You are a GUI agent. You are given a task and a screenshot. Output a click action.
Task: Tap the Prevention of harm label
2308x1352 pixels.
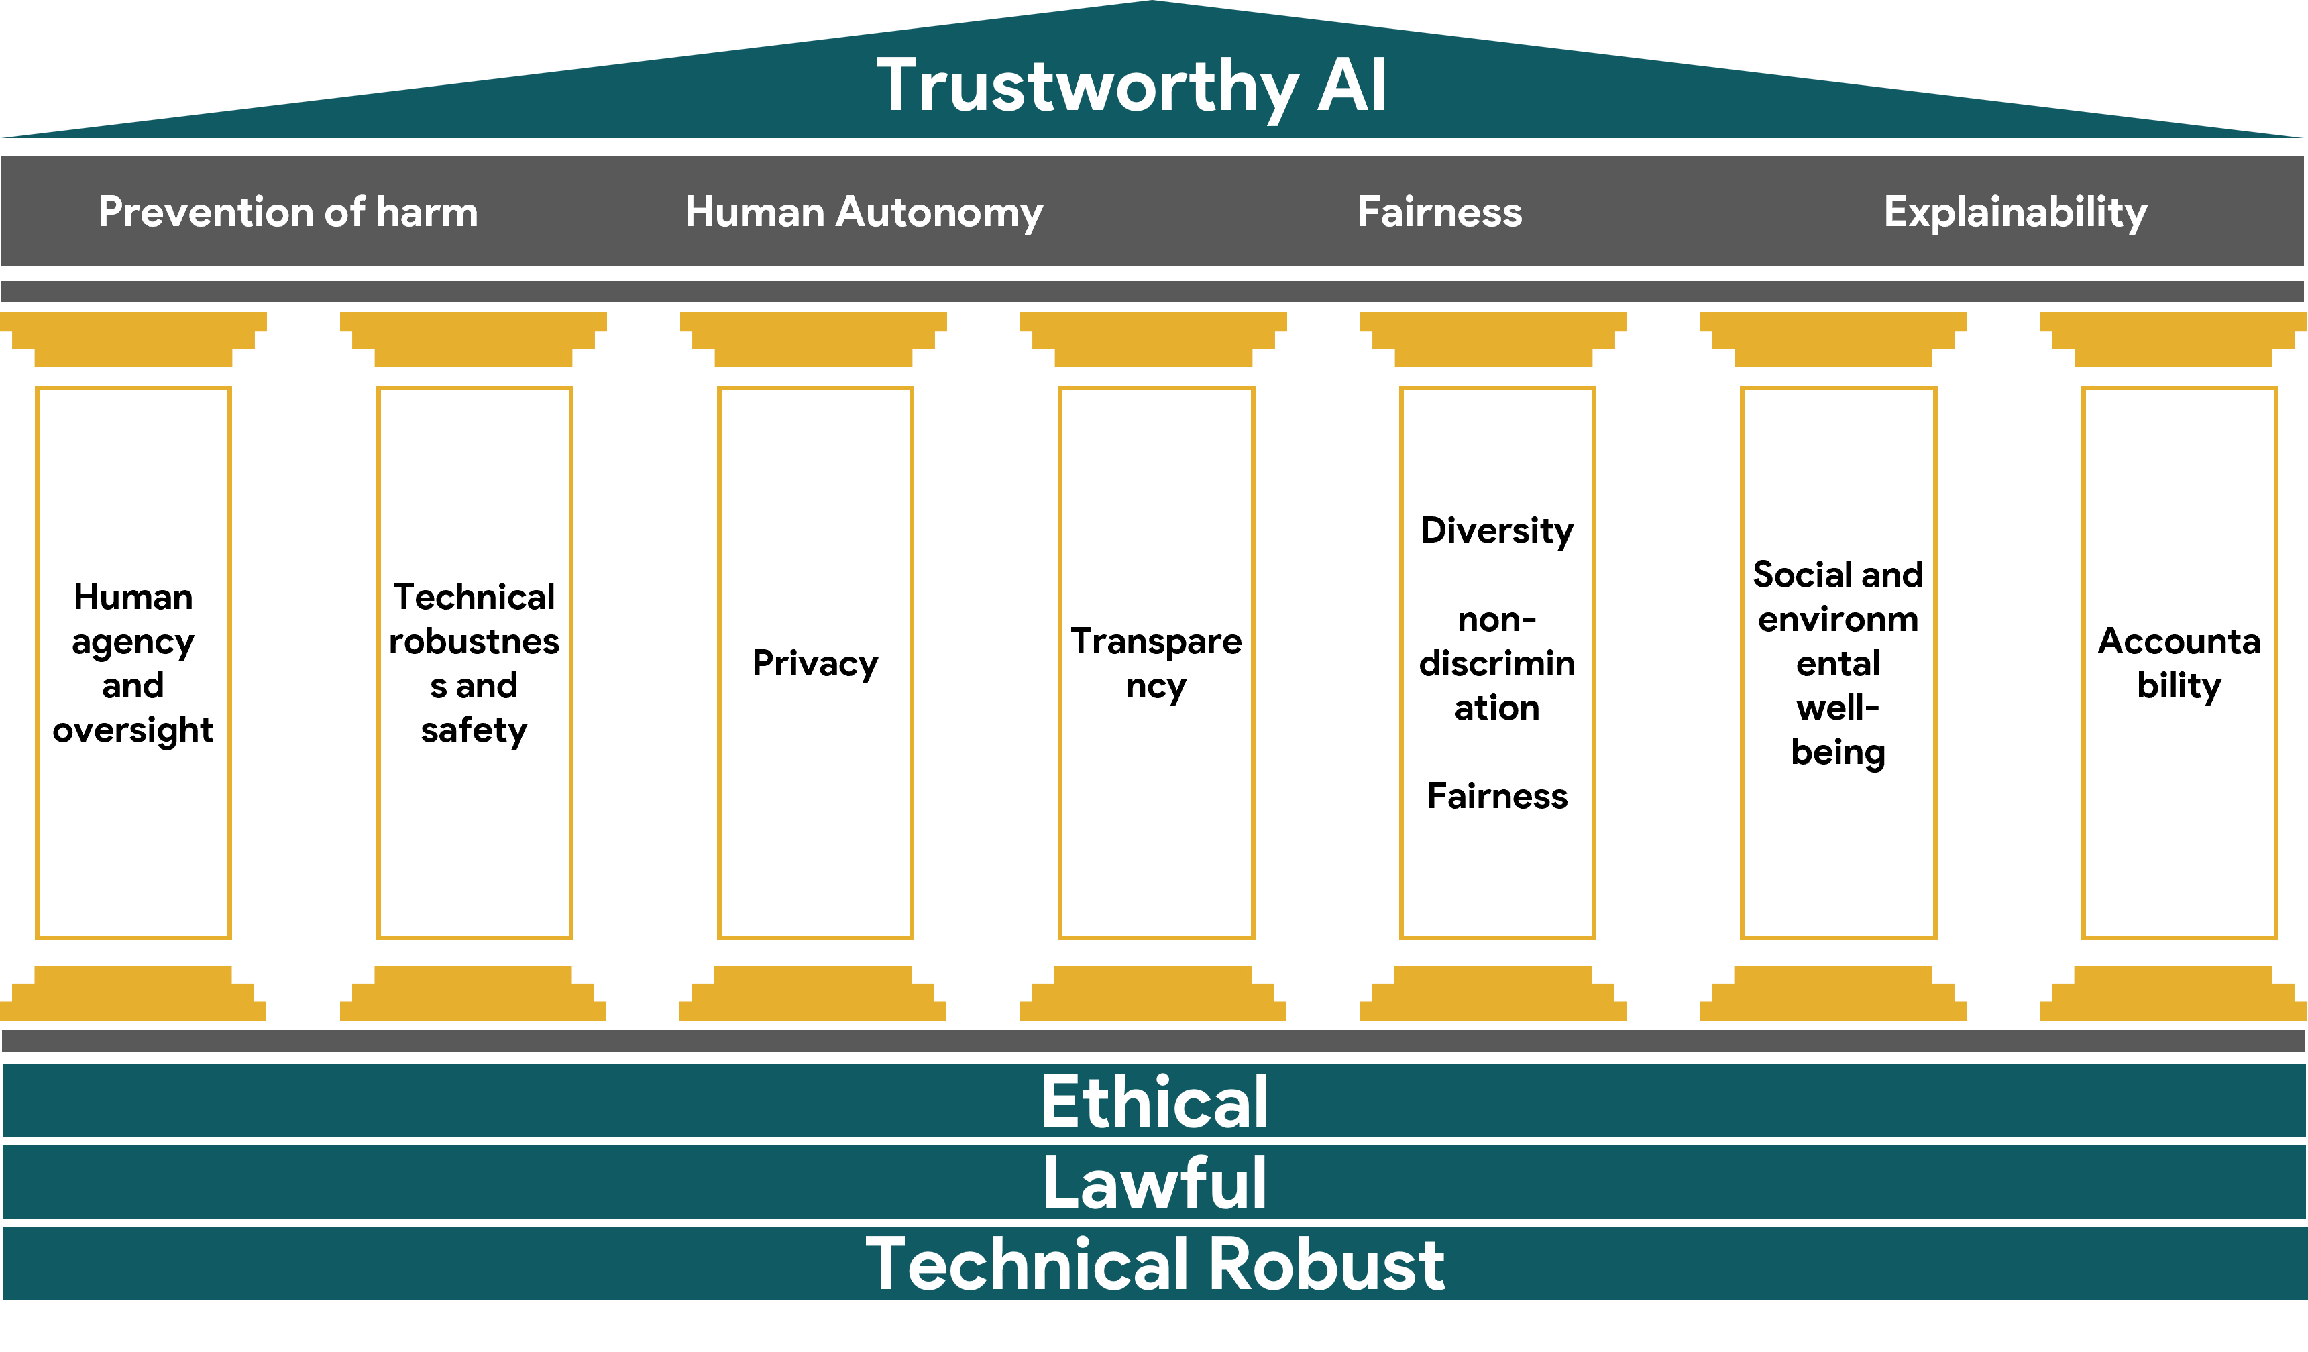[x=288, y=212]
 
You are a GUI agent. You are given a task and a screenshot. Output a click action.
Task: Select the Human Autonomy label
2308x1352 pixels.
[x=864, y=212]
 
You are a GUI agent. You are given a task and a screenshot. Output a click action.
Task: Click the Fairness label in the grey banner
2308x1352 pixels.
[x=1440, y=212]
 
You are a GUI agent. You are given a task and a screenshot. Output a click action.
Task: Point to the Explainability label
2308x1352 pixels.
[x=2015, y=212]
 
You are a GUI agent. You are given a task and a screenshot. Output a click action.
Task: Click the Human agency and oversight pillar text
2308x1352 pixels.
[x=133, y=663]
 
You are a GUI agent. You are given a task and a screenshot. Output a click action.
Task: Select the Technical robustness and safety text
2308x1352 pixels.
[x=474, y=663]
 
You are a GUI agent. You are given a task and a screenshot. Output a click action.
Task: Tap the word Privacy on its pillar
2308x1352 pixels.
[x=815, y=663]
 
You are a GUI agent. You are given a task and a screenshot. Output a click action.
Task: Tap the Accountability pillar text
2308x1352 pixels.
[x=2179, y=663]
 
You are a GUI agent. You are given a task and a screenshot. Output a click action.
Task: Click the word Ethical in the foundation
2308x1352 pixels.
[x=1154, y=1101]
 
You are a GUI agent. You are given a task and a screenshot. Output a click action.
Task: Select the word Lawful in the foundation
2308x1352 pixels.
[x=1154, y=1182]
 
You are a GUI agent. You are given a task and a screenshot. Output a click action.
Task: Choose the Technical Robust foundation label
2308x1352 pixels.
[x=1154, y=1264]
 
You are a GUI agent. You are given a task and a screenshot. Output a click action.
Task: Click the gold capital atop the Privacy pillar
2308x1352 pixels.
[x=814, y=338]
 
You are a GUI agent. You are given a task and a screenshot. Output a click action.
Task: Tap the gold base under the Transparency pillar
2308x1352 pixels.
[x=1153, y=994]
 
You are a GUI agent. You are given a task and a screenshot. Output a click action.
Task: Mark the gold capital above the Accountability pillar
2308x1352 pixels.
[x=2173, y=338]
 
